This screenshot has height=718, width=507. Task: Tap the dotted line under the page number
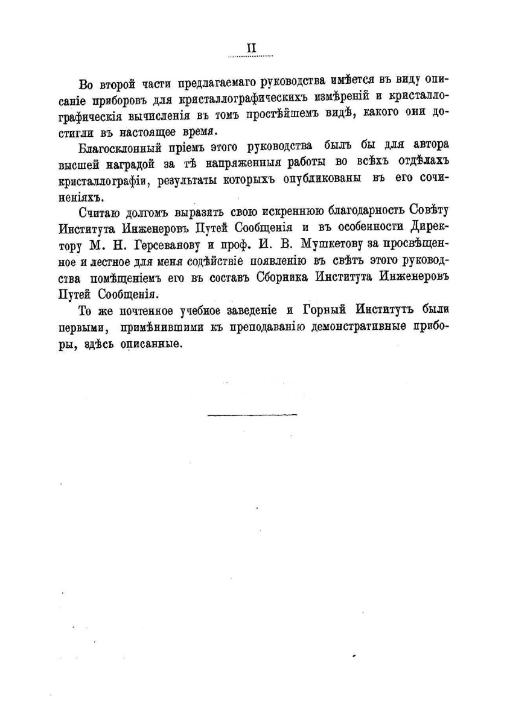coord(250,57)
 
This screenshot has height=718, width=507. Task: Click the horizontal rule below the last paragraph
coord(252,415)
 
